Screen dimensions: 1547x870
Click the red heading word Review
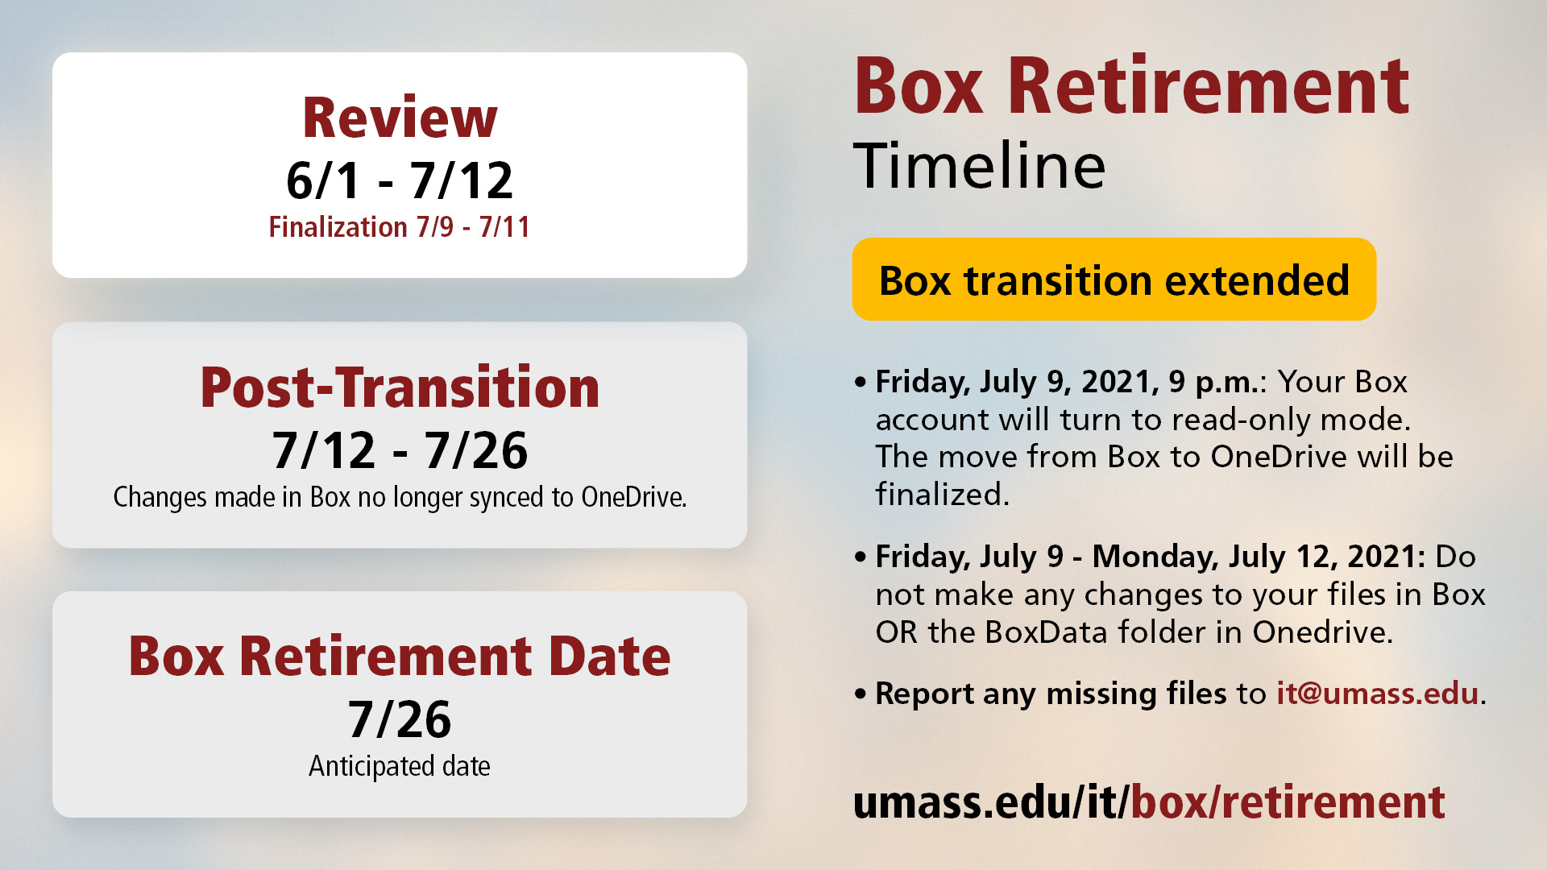400,118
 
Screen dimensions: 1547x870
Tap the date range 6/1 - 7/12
400,180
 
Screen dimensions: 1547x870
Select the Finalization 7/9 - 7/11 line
400,227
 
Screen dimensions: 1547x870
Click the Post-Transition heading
400,387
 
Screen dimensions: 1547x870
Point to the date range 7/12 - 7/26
400,449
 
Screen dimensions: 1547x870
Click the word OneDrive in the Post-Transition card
633,497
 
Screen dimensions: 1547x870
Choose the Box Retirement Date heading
400,656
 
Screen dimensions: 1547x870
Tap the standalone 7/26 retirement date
400,719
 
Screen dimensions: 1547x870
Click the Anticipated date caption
400,766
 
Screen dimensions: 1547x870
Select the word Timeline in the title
980,166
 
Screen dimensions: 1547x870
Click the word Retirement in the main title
1208,86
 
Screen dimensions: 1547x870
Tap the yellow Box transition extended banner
1114,280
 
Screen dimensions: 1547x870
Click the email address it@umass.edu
1378,694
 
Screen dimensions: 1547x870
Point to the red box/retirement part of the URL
1288,802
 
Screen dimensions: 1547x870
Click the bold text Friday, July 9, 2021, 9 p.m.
1068,382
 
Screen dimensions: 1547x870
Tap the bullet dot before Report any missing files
861,694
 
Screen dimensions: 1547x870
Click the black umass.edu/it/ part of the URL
992,802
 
